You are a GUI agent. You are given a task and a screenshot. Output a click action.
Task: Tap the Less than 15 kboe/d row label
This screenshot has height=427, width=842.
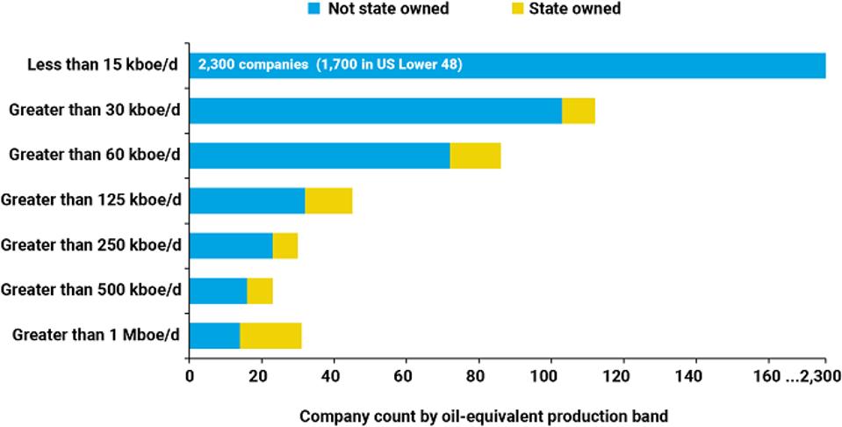pyautogui.click(x=104, y=65)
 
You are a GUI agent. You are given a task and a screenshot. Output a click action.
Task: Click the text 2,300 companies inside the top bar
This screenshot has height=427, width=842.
pyautogui.click(x=253, y=65)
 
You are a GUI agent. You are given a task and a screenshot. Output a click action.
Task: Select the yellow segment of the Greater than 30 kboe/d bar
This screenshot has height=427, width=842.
pyautogui.click(x=578, y=111)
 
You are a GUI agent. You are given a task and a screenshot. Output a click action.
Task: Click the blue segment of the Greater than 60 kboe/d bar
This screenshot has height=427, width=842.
pyautogui.click(x=320, y=156)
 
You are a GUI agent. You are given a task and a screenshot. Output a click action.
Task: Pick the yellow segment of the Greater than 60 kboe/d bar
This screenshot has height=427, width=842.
pyautogui.click(x=475, y=156)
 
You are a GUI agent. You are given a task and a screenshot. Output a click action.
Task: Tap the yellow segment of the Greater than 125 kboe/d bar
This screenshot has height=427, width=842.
pyautogui.click(x=328, y=201)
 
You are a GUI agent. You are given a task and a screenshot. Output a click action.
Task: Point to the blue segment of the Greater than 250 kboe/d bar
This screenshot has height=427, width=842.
pyautogui.click(x=231, y=246)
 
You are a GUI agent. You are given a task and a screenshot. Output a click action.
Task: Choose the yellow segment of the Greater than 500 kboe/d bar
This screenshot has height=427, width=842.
pyautogui.click(x=260, y=291)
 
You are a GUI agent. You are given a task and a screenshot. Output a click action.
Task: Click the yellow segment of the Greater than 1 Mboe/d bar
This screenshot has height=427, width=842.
pyautogui.click(x=270, y=336)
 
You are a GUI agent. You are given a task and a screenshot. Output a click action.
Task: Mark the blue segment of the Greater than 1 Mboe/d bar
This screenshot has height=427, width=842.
pyautogui.click(x=214, y=336)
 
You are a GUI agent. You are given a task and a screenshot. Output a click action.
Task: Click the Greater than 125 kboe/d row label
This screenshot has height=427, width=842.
pyautogui.click(x=91, y=201)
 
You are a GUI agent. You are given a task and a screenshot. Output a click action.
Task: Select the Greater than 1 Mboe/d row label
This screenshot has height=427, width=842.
pyautogui.click(x=96, y=336)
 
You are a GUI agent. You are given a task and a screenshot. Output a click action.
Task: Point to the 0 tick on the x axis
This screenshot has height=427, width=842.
pyautogui.click(x=189, y=377)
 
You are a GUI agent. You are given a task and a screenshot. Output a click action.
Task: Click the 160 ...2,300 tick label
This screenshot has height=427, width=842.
pyautogui.click(x=796, y=377)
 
